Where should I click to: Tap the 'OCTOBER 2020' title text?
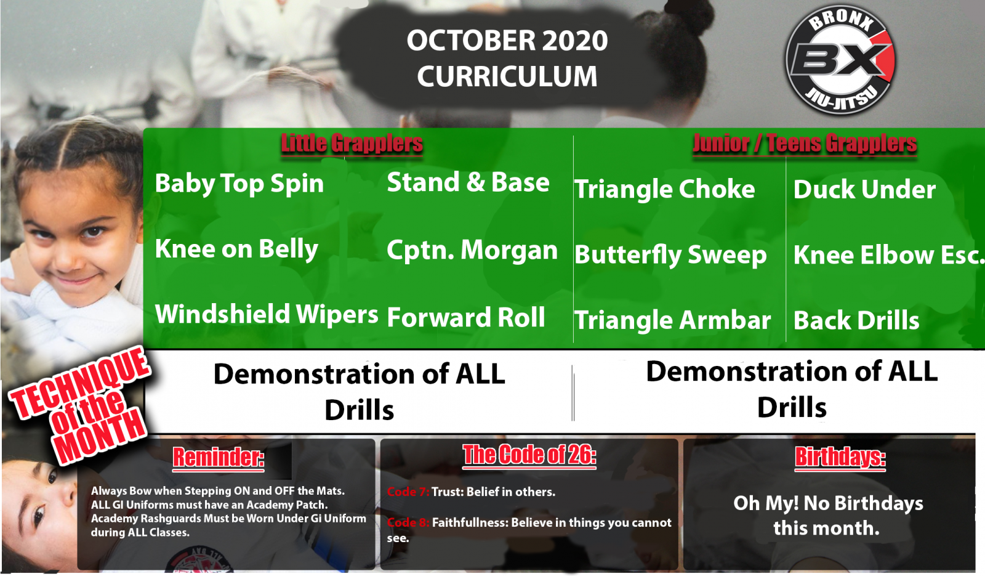tap(507, 41)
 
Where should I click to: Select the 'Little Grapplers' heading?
tap(352, 144)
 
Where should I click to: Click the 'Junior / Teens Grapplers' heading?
tap(805, 144)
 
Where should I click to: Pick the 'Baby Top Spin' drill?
tap(239, 184)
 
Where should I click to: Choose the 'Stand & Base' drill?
tap(468, 182)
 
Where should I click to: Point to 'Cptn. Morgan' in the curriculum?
tap(472, 250)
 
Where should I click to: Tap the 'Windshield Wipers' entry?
tap(267, 314)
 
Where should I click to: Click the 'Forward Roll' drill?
tap(466, 317)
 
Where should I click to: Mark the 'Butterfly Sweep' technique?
tap(670, 255)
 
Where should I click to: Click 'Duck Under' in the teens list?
tap(864, 189)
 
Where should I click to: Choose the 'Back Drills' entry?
tap(856, 320)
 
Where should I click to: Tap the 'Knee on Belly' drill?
tap(236, 249)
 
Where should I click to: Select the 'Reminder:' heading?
tap(219, 458)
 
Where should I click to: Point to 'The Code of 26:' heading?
tap(529, 455)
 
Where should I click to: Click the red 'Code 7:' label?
tap(408, 492)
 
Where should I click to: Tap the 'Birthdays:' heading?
tap(840, 457)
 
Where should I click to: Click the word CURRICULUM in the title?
tap(507, 76)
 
